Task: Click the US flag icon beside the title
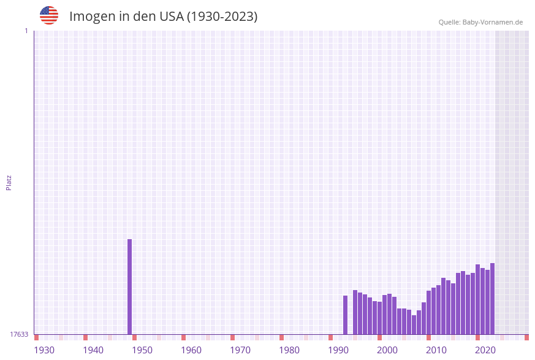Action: tap(49, 15)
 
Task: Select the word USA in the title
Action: tap(171, 17)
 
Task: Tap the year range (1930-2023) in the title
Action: tap(222, 17)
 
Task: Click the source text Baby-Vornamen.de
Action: tap(493, 22)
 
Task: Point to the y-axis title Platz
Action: tap(9, 182)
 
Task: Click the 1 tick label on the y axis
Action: tap(26, 31)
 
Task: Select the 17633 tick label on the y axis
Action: tap(19, 334)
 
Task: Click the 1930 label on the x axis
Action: tap(44, 350)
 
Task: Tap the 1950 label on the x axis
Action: tap(142, 350)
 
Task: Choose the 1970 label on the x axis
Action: tap(240, 350)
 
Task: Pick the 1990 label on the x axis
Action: tap(338, 350)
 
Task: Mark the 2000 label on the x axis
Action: tap(387, 350)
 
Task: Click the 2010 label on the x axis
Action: tap(436, 350)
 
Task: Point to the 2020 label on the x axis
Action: tap(485, 350)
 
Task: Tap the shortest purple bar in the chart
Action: tap(414, 324)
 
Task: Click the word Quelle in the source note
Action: tap(449, 22)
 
